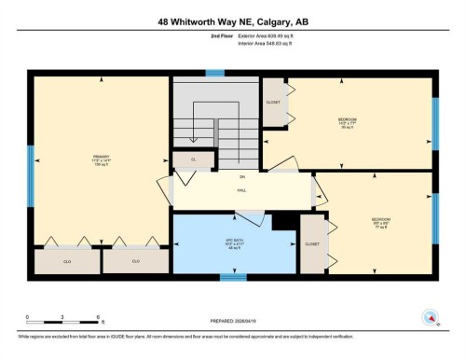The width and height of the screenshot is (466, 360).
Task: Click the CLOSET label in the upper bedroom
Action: point(273,103)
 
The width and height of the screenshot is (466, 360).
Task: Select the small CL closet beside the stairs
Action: point(194,160)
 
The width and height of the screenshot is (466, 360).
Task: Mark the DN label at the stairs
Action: point(241,176)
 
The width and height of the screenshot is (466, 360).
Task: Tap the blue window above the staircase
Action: point(215,73)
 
